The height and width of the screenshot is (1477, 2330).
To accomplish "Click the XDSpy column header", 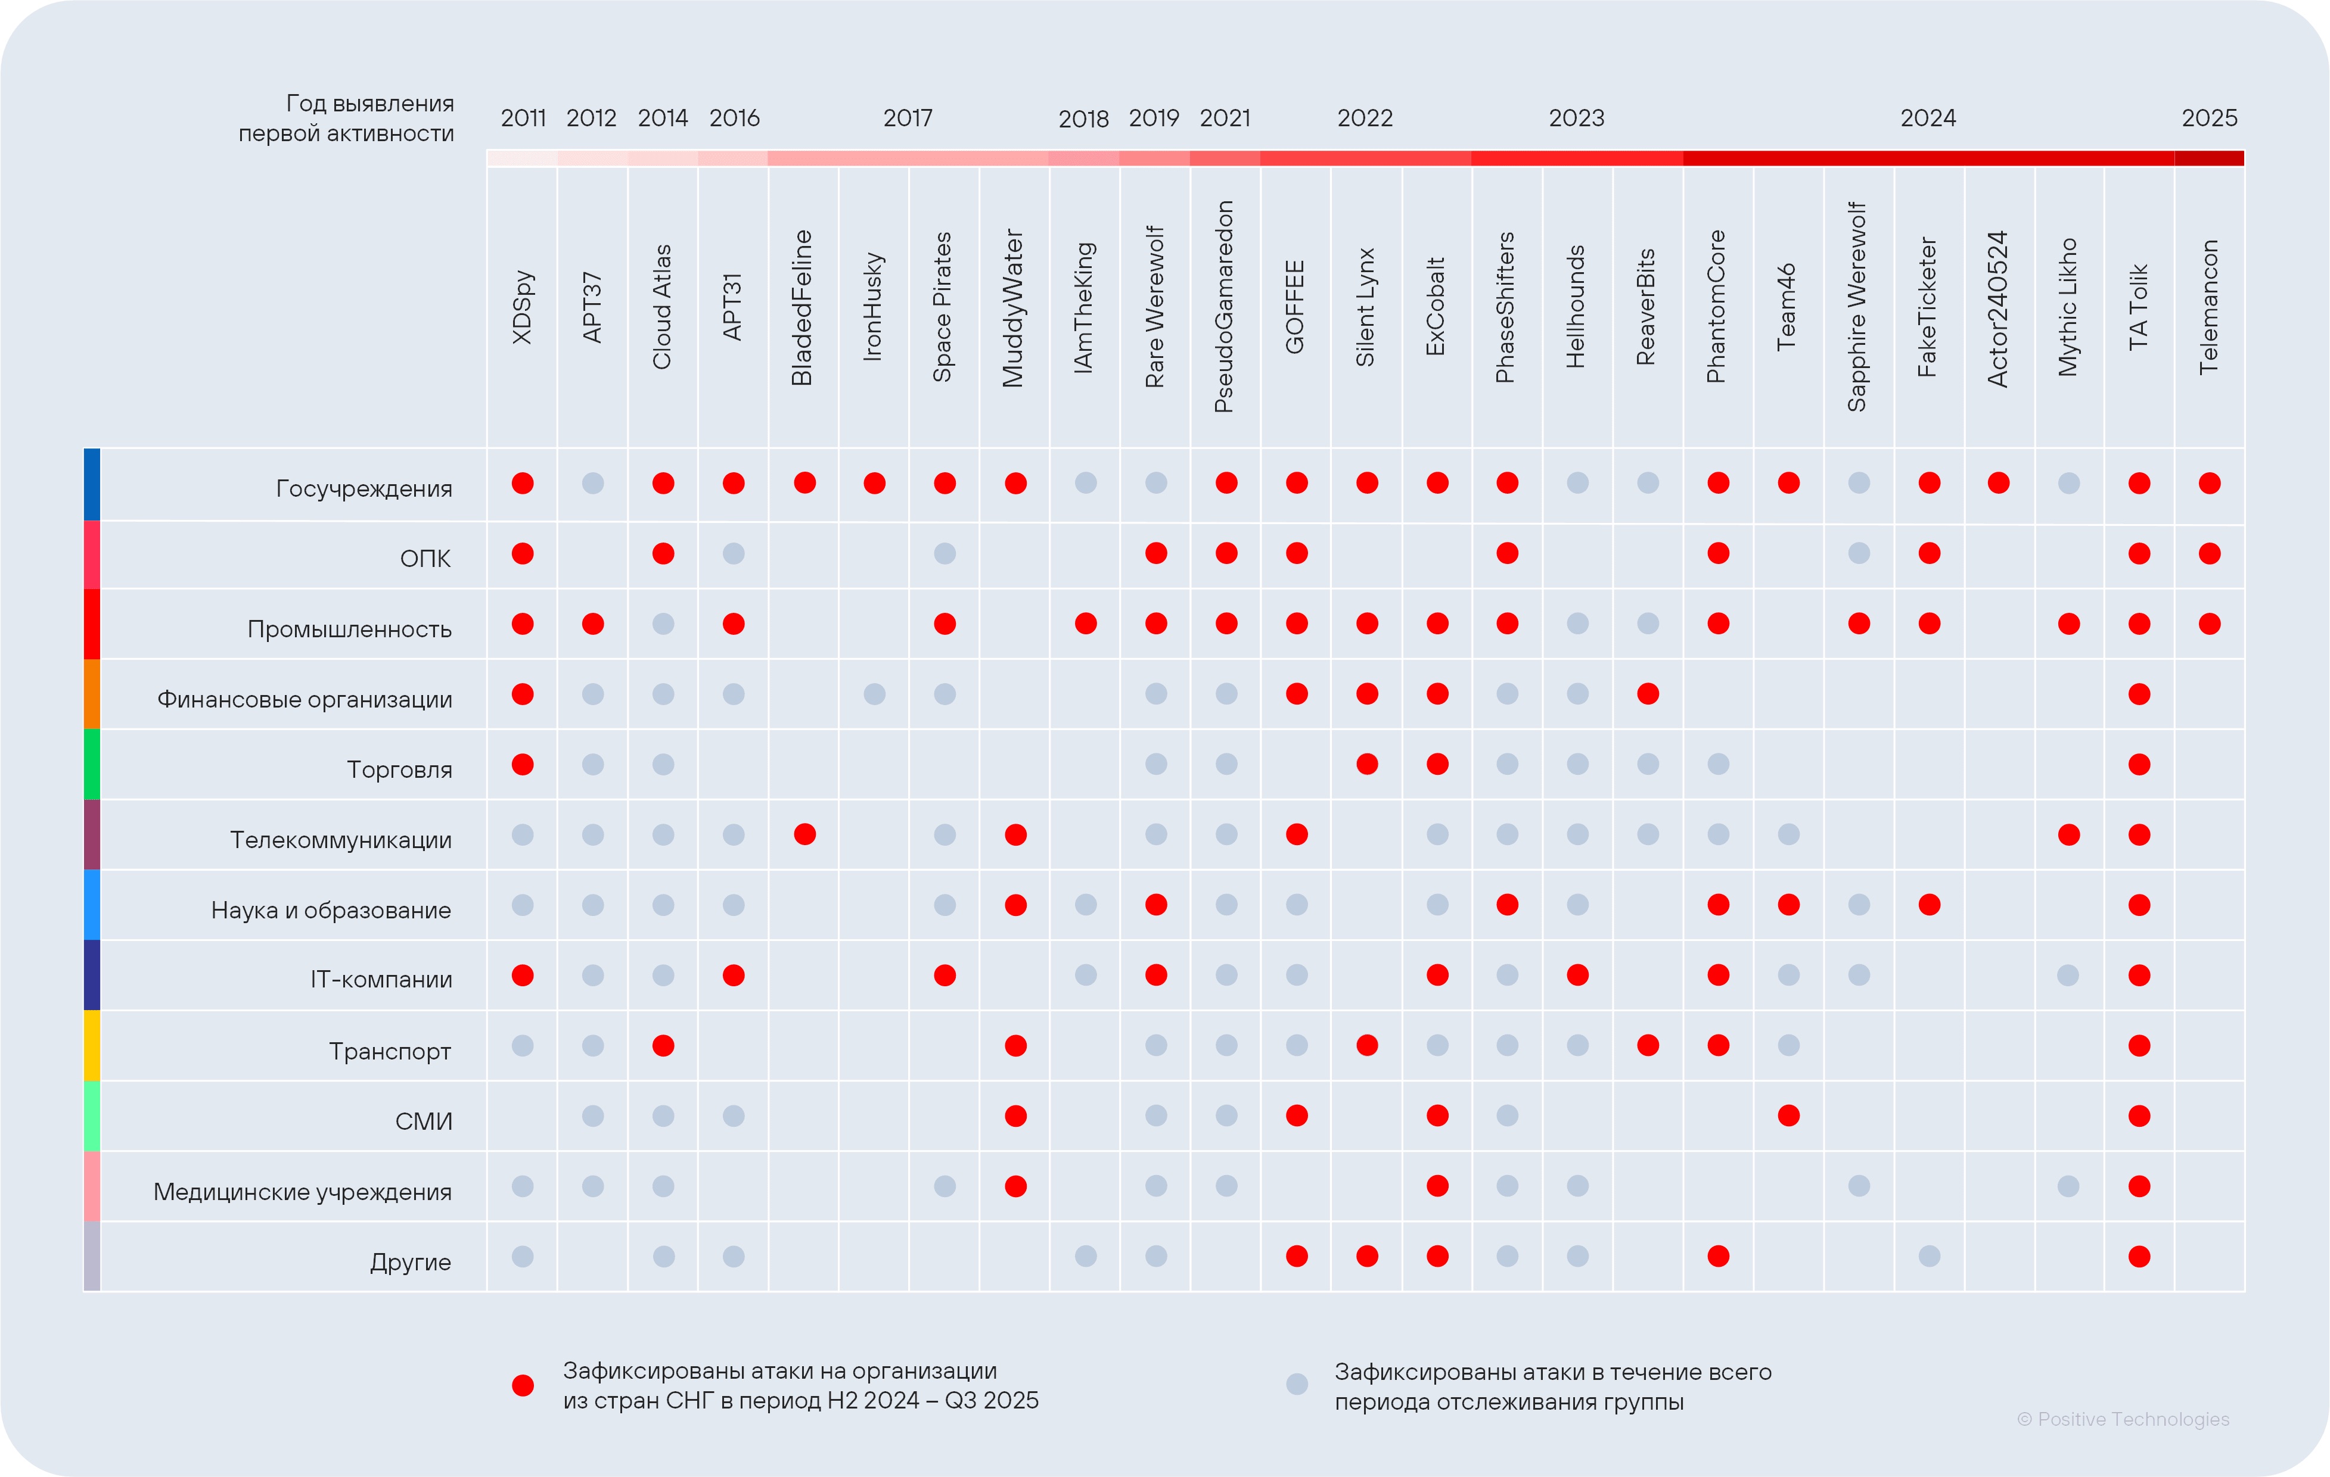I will [523, 307].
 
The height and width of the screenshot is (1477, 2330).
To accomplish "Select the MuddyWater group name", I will [1013, 307].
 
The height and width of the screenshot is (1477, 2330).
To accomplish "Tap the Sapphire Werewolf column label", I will [1857, 307].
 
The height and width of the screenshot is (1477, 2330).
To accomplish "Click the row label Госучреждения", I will [364, 488].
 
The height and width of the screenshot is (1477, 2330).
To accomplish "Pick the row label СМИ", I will [423, 1121].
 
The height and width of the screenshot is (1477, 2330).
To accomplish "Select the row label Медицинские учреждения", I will [302, 1192].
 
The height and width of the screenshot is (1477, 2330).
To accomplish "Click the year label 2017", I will [908, 118].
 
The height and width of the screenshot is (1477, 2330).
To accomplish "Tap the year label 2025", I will [2209, 118].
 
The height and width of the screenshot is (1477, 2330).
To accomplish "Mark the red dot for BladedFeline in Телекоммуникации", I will [804, 834].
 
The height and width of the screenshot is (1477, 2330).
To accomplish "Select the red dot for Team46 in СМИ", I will [1788, 1115].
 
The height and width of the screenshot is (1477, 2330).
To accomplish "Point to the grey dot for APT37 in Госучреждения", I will [593, 482].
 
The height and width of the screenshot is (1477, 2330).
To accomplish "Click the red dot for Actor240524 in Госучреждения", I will [1998, 482].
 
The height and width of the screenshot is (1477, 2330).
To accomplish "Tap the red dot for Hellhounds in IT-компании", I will [1577, 975].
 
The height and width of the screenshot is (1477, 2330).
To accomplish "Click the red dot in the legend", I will [523, 1385].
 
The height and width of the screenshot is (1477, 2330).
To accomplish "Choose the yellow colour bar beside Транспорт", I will [92, 1046].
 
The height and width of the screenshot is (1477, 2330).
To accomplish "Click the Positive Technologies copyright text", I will [2123, 1419].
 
